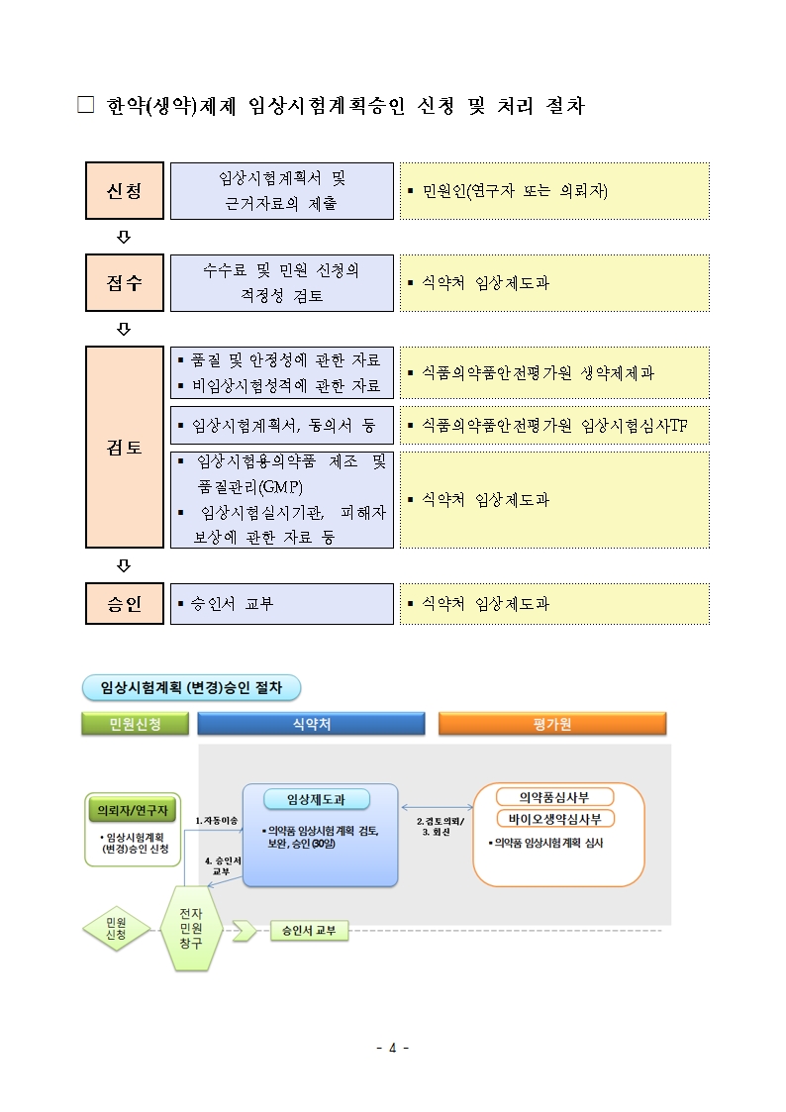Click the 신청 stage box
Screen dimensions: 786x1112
tap(125, 191)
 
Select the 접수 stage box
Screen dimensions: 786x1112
tap(125, 283)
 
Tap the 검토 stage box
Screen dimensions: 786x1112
tap(125, 447)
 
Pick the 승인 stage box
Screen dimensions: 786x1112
tap(125, 603)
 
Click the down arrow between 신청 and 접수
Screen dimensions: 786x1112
tap(124, 237)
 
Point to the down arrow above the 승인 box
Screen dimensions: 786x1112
tap(124, 565)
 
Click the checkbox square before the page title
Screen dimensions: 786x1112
tap(86, 105)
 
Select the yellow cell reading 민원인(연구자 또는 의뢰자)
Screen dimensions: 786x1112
tap(554, 191)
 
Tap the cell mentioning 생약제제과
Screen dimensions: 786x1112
tap(554, 373)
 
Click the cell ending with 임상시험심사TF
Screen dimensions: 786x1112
tap(554, 426)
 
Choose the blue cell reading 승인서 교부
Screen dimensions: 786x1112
tap(282, 603)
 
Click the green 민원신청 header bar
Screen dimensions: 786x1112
tap(136, 724)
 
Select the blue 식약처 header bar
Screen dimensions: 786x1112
tap(311, 724)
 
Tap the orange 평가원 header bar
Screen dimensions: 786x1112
tap(552, 724)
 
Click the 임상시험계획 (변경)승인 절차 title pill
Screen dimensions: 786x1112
tap(191, 688)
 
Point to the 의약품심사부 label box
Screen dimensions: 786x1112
tap(554, 797)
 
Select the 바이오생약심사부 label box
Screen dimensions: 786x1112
tap(554, 819)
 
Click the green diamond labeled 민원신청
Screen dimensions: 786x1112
tap(116, 929)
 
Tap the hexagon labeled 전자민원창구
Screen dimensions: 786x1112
tap(191, 929)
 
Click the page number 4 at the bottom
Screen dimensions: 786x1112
tap(393, 1048)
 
